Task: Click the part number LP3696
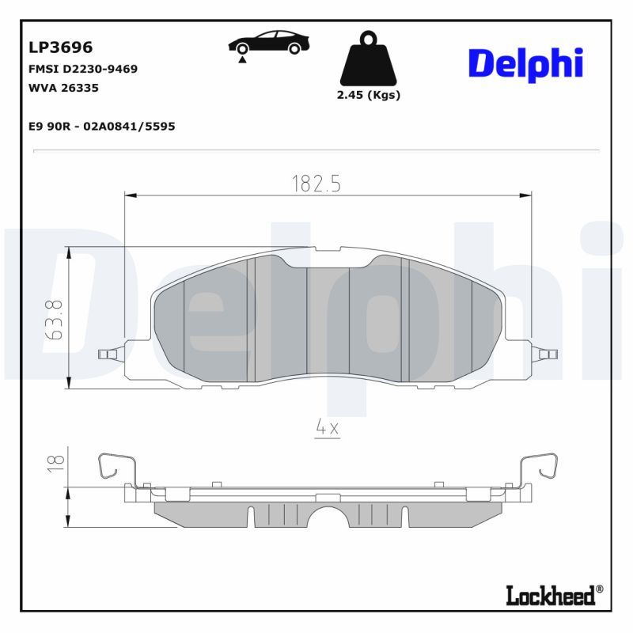61,48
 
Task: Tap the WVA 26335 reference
63,88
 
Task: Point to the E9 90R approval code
101,126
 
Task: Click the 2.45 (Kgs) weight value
369,95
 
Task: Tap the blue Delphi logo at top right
525,63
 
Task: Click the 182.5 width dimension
316,184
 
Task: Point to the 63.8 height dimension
54,319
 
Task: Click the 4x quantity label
327,428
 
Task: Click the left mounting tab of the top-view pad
108,354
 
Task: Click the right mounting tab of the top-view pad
544,354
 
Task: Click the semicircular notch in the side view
328,517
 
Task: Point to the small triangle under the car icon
241,59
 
